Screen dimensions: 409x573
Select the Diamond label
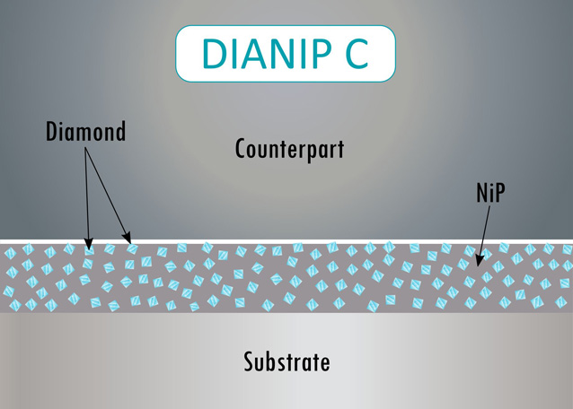point(85,133)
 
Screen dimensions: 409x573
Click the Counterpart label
point(289,148)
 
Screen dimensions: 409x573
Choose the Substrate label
point(286,362)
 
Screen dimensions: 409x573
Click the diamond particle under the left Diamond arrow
point(89,250)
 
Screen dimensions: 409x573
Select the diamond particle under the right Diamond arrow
point(132,250)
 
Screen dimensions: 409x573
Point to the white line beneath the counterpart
point(286,241)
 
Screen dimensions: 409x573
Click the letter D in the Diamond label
point(52,133)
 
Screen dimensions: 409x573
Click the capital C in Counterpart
point(242,148)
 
